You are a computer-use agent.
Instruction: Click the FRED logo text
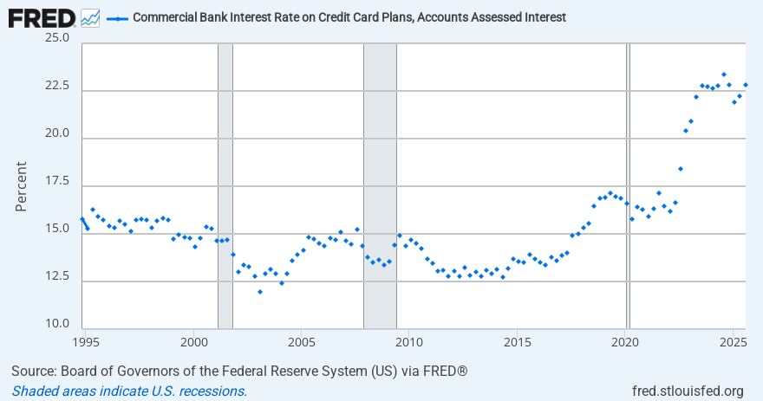[x=41, y=16]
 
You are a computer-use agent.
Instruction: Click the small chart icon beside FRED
[x=90, y=17]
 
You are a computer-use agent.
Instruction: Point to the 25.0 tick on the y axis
[x=57, y=37]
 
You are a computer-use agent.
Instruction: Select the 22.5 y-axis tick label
[x=57, y=86]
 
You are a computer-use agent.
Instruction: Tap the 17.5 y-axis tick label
[x=57, y=181]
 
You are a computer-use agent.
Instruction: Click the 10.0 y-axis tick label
[x=57, y=324]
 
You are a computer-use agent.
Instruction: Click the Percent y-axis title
[x=22, y=185]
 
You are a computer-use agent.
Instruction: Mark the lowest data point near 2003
[x=259, y=292]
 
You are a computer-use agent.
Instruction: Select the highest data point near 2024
[x=724, y=74]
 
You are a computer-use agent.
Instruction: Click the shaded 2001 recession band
[x=225, y=173]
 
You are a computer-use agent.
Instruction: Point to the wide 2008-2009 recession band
[x=380, y=173]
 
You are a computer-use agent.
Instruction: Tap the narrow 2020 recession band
[x=629, y=173]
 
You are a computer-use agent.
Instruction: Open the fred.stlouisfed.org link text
[x=688, y=391]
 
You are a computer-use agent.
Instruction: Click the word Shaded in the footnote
[x=35, y=391]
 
